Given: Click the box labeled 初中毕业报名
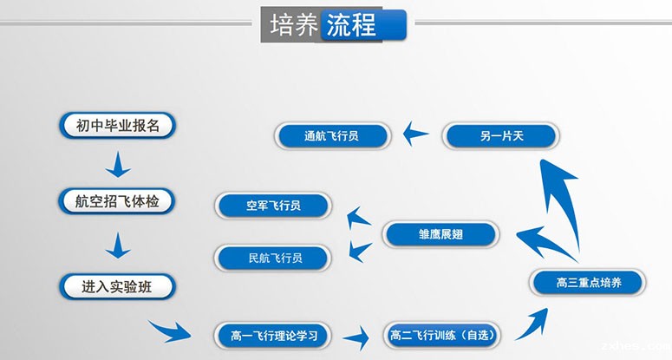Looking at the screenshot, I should (x=118, y=126).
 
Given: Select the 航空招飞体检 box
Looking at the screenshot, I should (x=118, y=201).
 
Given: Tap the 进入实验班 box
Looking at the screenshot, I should (x=117, y=285).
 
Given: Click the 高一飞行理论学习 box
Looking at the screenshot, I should (x=275, y=334).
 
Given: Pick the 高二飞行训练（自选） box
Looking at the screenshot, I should (x=440, y=334).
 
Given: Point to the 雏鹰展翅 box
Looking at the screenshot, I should (x=440, y=234).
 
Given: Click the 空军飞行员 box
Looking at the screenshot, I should (x=273, y=206).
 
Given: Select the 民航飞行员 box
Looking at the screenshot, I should (x=273, y=257).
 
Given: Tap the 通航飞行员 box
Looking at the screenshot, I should (x=332, y=135).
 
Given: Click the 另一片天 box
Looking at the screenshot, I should (x=501, y=135).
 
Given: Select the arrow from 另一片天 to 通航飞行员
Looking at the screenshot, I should (x=416, y=134).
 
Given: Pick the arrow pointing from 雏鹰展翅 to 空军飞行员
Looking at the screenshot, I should (x=358, y=217).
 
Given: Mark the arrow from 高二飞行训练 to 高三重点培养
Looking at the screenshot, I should (x=531, y=321).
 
